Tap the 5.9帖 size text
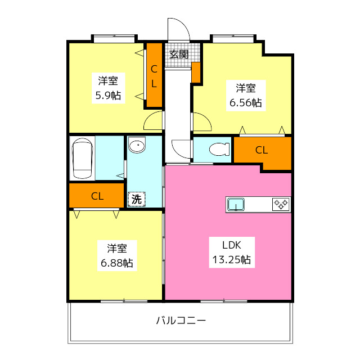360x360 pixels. point(107,95)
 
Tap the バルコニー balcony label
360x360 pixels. point(181,321)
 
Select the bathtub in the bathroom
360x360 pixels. point(83,157)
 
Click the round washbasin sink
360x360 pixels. point(136,146)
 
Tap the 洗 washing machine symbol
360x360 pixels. point(136,199)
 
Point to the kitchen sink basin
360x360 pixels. point(236,204)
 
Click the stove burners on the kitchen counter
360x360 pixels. point(281,204)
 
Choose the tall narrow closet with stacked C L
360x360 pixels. point(154,75)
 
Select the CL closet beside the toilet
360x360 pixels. point(262,151)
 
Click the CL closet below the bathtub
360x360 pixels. point(97,196)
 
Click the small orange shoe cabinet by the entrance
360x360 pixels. point(196,72)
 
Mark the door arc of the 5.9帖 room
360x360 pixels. point(153,121)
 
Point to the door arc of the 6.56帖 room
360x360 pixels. point(202,123)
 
